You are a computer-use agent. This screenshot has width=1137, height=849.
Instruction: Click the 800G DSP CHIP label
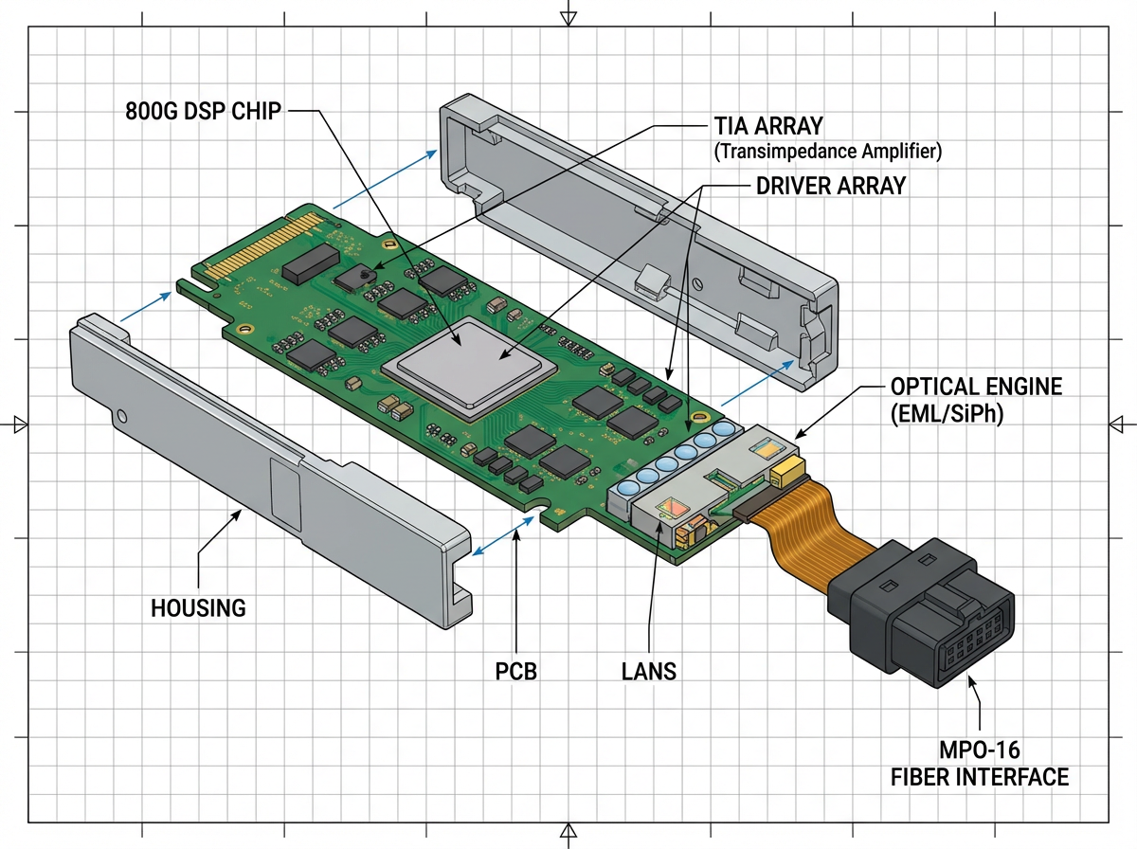(x=203, y=111)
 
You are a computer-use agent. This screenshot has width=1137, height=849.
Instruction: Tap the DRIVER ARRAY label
(x=830, y=186)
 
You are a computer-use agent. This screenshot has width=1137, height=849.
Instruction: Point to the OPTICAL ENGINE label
(x=976, y=388)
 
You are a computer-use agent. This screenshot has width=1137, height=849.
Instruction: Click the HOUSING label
(x=198, y=607)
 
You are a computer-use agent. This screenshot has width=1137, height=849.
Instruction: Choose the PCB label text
(x=516, y=672)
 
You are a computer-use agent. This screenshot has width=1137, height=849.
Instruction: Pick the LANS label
(x=649, y=672)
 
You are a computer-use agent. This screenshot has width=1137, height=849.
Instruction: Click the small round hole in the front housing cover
(x=122, y=416)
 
